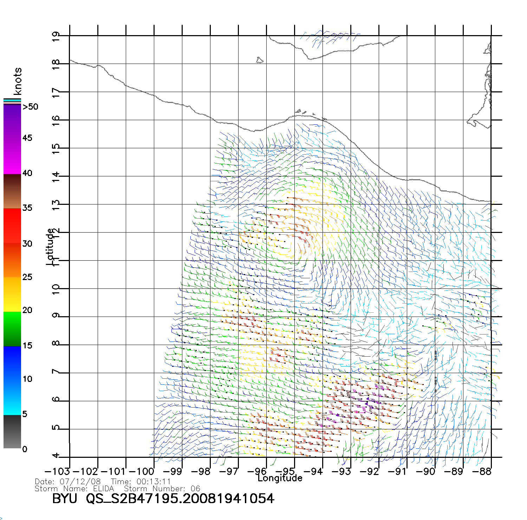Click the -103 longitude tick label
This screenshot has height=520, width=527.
coord(58,472)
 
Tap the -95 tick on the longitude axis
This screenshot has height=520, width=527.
coord(285,471)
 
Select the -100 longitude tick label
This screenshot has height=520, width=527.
coord(142,472)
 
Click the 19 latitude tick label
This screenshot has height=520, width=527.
coord(56,36)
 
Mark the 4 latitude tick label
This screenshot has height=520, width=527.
coord(56,456)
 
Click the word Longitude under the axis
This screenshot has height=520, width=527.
coord(280,478)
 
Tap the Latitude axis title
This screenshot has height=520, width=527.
coord(51,247)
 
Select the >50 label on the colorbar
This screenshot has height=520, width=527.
coord(31,107)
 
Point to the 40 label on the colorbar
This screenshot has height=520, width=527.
coord(27,173)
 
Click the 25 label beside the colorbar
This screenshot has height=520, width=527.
coord(27,277)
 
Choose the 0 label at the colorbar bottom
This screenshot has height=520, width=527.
coord(24,449)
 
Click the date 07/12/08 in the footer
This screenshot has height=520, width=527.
coord(80,482)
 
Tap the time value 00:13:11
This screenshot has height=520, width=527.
coord(154,482)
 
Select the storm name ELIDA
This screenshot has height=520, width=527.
coord(104,489)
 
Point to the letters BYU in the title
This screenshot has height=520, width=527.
coord(65,499)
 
